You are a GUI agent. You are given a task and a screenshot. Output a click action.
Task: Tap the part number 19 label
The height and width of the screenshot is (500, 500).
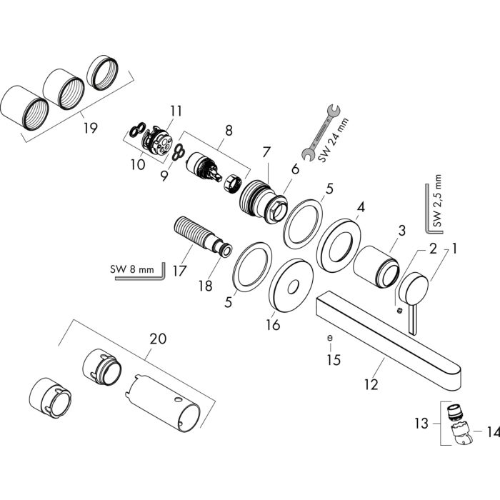(90, 129)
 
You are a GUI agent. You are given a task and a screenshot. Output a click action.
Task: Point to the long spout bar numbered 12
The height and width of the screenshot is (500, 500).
(389, 336)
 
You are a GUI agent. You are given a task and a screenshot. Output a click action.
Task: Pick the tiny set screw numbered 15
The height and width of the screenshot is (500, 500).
(329, 337)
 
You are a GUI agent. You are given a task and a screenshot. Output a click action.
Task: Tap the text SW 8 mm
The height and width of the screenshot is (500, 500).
(132, 269)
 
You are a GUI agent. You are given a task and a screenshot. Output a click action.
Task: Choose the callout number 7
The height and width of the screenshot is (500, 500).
(266, 152)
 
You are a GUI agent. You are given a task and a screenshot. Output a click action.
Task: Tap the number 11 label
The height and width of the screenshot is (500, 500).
(176, 111)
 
